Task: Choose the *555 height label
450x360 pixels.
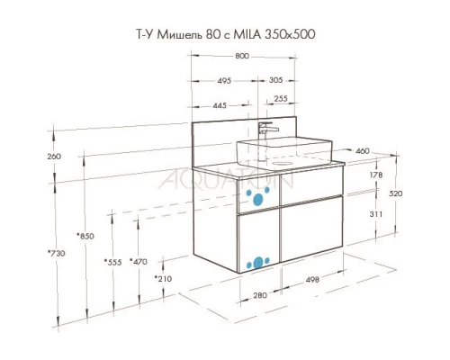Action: point(112,262)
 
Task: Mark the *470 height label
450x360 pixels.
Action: point(139,262)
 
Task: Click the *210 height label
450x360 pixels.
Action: point(163,279)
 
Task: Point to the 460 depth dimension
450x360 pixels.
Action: point(363,150)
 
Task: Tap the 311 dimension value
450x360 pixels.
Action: point(376,215)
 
